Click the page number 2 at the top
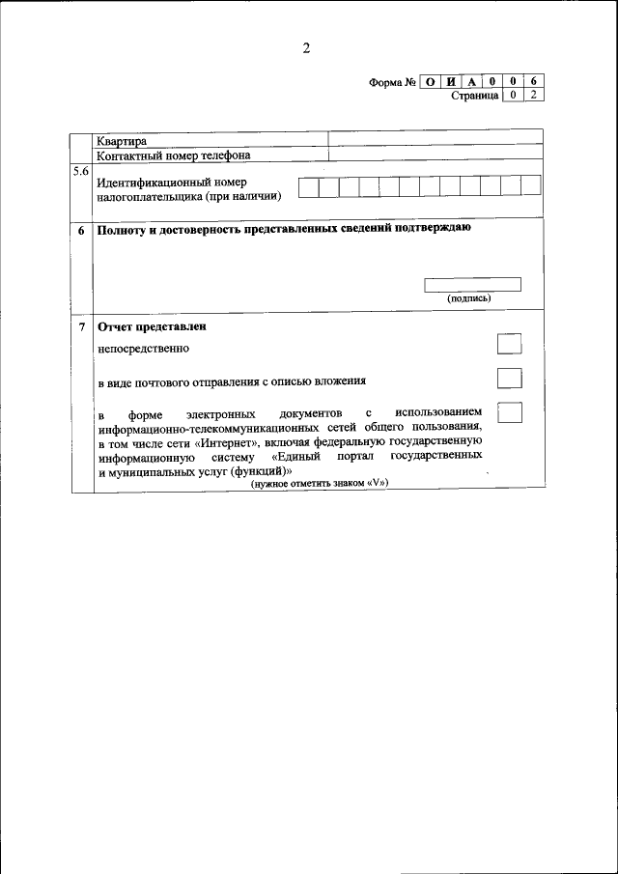[x=306, y=50]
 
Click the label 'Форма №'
[x=392, y=82]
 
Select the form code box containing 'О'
[x=430, y=82]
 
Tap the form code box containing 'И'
[x=450, y=82]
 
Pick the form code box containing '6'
[x=534, y=82]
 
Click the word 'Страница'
[x=474, y=96]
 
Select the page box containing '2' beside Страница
[x=534, y=96]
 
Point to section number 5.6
[x=81, y=172]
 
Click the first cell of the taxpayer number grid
[x=308, y=187]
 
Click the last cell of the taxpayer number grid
[x=530, y=187]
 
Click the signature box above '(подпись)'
[x=472, y=284]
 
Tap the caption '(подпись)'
[x=468, y=298]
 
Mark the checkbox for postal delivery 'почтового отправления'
[x=509, y=379]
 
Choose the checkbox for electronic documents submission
[x=509, y=412]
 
